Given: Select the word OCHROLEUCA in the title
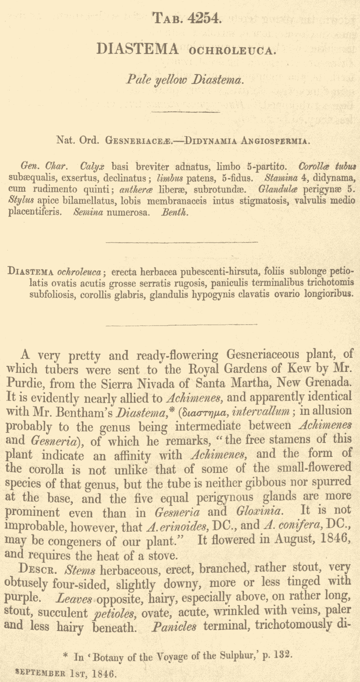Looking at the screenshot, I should tap(232, 51).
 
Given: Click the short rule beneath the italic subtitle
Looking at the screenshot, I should tap(186, 112).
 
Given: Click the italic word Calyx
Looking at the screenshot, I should tap(92, 166).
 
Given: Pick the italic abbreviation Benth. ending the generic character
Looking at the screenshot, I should tap(174, 212).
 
